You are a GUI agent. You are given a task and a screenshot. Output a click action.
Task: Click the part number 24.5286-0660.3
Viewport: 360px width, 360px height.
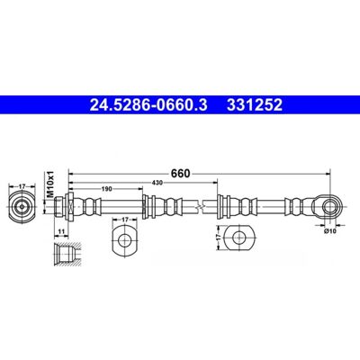click(148, 104)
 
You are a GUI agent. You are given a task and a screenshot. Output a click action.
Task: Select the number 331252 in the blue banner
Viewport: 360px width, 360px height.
click(255, 104)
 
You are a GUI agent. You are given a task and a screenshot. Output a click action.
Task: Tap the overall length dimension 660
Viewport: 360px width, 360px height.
click(181, 174)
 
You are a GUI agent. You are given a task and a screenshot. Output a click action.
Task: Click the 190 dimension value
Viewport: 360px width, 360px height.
click(107, 189)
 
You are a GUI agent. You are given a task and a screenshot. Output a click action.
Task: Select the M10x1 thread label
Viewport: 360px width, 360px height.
click(50, 184)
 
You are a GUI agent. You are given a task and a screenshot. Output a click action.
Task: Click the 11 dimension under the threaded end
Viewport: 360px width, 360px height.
click(61, 231)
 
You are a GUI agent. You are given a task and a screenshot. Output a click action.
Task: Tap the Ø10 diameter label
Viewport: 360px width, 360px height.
click(330, 230)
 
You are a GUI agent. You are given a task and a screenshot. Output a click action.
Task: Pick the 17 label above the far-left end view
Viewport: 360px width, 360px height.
click(22, 186)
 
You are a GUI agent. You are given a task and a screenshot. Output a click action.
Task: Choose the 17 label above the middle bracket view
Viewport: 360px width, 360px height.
click(125, 220)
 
